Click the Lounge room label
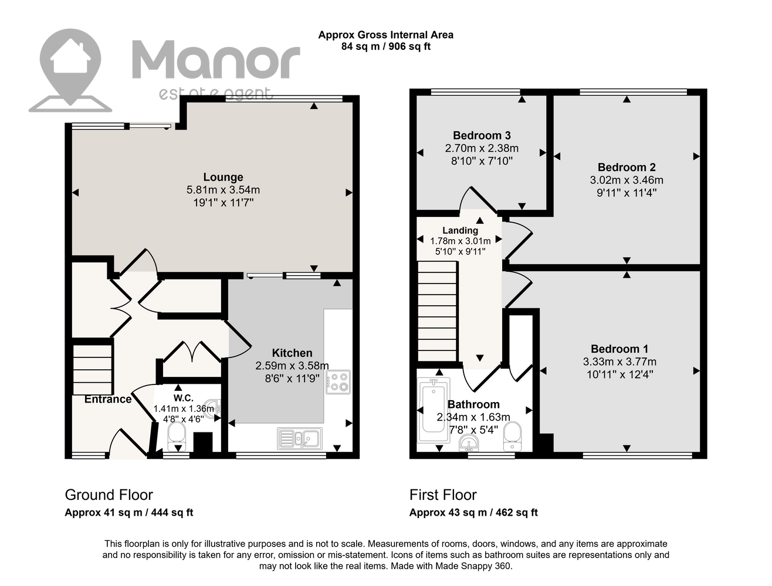click(223, 177)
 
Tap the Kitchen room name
click(292, 353)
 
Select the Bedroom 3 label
click(482, 135)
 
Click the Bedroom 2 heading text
click(627, 167)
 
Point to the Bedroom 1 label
click(619, 349)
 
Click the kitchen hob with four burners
click(338, 382)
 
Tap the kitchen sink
click(299, 438)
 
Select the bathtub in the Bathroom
click(434, 410)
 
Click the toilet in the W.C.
click(177, 436)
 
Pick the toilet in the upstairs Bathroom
click(513, 437)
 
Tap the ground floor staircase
click(92, 370)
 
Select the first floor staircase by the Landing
click(437, 311)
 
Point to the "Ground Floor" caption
click(109, 495)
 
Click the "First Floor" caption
click(443, 495)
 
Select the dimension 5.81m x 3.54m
click(223, 190)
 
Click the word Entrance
click(108, 399)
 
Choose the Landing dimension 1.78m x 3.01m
click(460, 241)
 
